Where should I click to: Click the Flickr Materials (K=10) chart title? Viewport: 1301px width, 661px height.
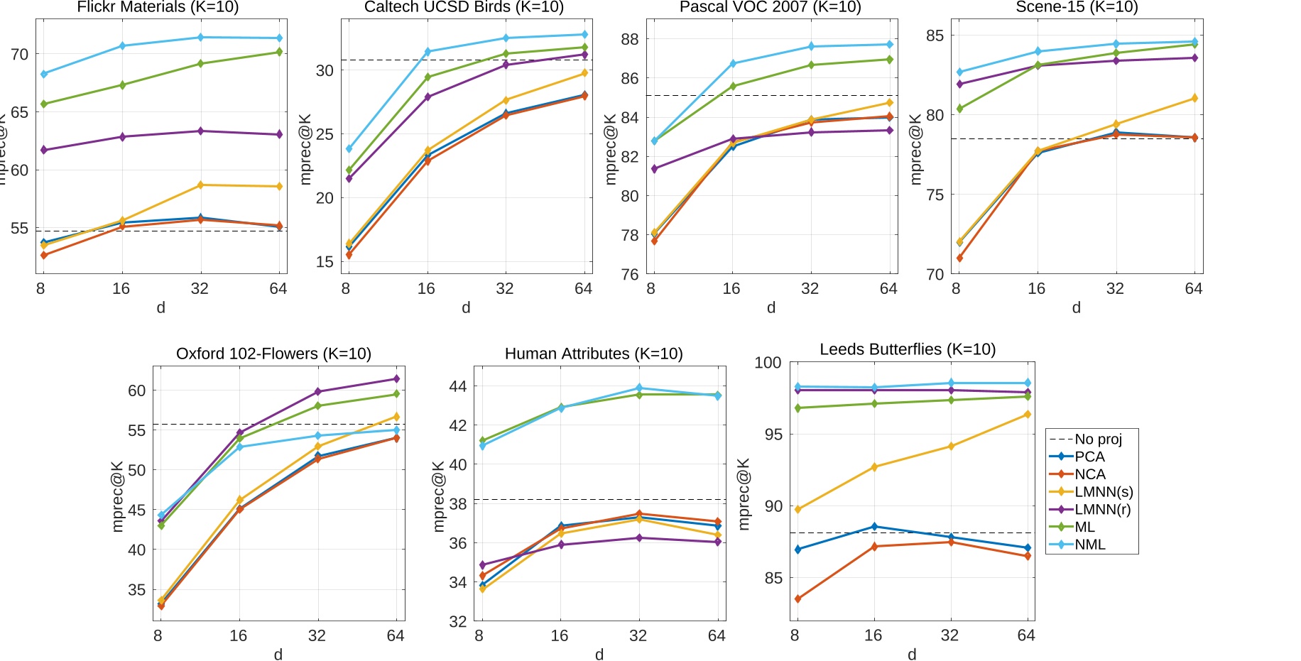[x=158, y=7]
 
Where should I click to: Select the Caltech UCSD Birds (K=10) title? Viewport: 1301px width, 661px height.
[x=464, y=7]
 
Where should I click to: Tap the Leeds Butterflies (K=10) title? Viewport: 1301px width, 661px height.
[x=908, y=349]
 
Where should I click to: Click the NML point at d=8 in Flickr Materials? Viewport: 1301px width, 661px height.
[x=44, y=74]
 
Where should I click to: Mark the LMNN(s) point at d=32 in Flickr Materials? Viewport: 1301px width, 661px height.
[x=200, y=185]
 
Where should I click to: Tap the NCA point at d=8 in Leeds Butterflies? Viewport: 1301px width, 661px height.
[x=798, y=599]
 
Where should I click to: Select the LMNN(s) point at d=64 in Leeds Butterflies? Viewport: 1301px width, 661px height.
[x=1027, y=415]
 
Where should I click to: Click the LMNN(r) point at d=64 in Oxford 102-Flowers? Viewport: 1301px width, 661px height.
[x=396, y=379]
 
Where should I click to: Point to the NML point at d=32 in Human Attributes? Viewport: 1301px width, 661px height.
[x=639, y=388]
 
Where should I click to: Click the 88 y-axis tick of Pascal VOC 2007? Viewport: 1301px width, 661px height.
[x=629, y=39]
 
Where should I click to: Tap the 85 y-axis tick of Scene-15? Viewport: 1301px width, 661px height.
[x=935, y=35]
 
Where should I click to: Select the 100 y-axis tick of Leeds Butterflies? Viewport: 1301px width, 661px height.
[x=768, y=363]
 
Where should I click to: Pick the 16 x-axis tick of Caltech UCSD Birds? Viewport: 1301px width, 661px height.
[x=426, y=288]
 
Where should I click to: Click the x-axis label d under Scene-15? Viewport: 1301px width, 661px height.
[x=1076, y=307]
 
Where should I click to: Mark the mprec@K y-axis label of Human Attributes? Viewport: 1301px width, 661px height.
[x=439, y=496]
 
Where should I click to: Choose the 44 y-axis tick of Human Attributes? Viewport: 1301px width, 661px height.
[x=458, y=386]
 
